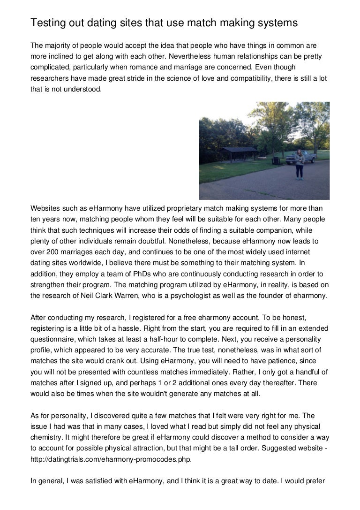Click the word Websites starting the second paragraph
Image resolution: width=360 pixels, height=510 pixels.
pos(46,208)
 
